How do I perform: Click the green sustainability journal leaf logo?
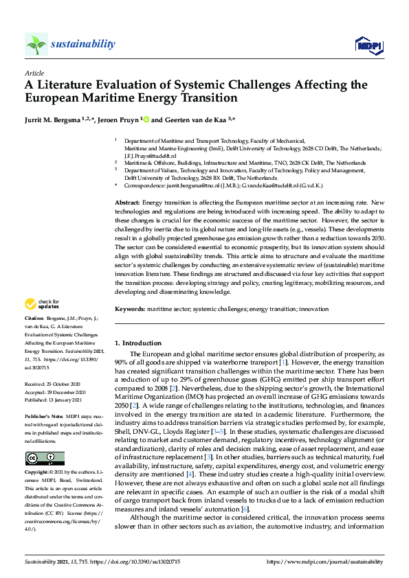[x=36, y=45]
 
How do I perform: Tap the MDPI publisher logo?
[x=368, y=45]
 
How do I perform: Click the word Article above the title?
[x=34, y=73]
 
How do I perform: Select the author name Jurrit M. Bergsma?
[x=58, y=120]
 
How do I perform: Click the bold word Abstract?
[x=127, y=204]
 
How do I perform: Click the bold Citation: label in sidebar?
[x=34, y=319]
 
